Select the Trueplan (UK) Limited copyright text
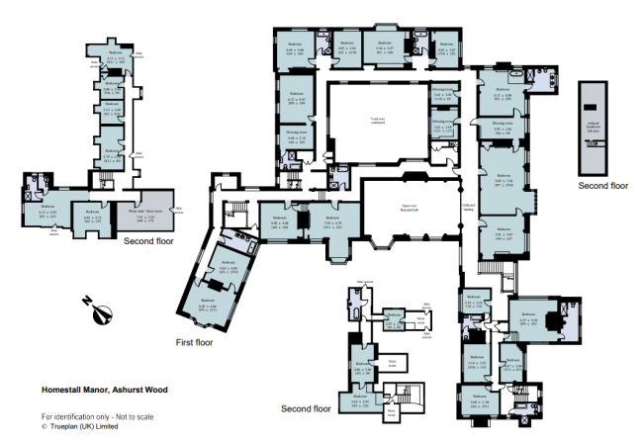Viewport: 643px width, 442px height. pos(84,428)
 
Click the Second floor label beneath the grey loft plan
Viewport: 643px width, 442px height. pos(603,185)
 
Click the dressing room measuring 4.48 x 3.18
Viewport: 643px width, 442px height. pos(296,138)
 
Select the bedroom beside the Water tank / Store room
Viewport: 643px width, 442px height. pos(95,219)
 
